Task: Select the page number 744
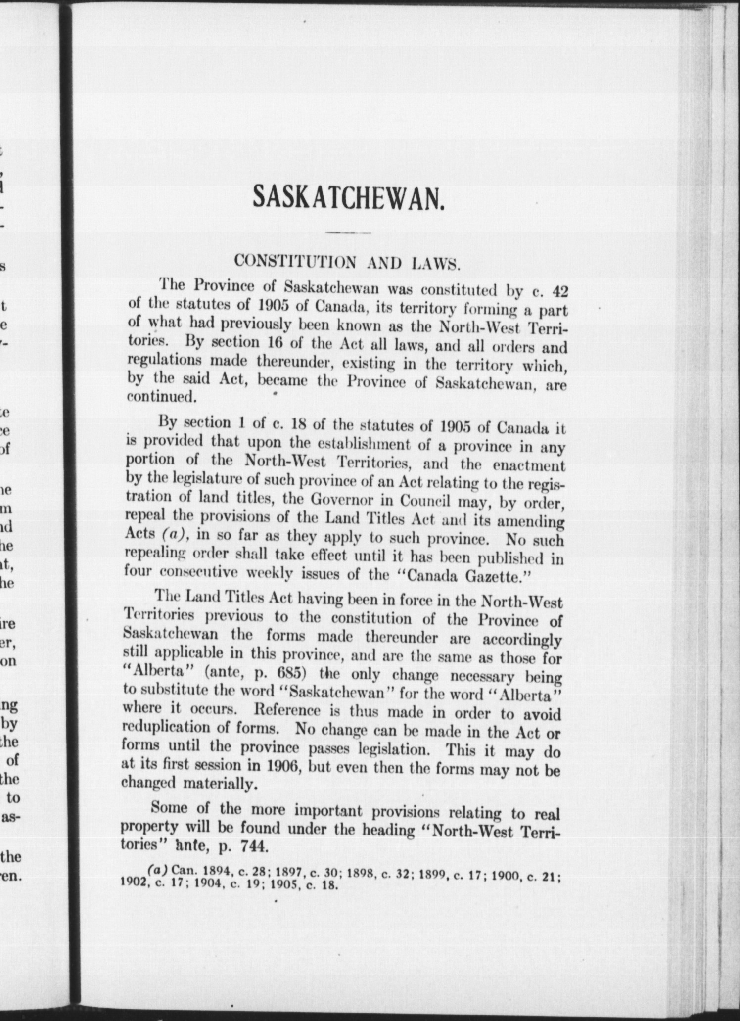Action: click(x=251, y=845)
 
